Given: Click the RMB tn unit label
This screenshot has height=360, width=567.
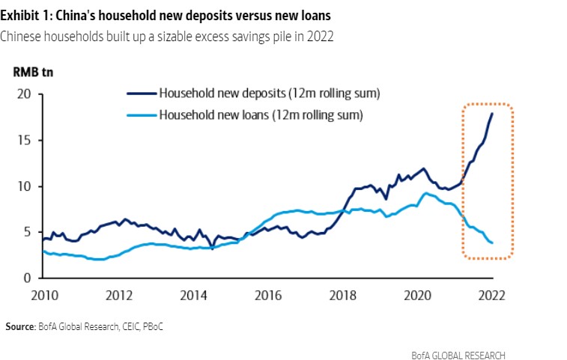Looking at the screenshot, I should tap(33, 73).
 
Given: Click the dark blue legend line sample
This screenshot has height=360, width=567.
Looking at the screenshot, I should tap(141, 94).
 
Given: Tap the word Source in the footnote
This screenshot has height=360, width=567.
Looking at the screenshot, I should tap(19, 327).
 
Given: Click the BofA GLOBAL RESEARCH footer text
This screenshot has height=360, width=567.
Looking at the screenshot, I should tap(458, 355).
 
